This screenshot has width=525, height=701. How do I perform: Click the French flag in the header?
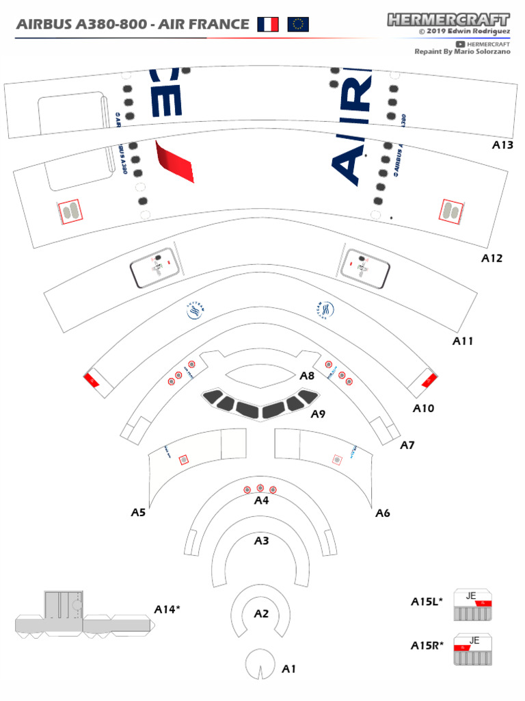[x=268, y=25]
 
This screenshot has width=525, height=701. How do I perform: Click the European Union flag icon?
[x=297, y=25]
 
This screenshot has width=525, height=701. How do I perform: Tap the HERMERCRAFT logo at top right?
[x=448, y=19]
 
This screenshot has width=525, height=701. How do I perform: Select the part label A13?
[x=502, y=145]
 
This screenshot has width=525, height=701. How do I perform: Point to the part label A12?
[x=492, y=259]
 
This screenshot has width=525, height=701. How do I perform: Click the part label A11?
[x=463, y=341]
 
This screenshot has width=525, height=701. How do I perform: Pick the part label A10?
[x=423, y=409]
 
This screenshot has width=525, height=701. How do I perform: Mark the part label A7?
[x=407, y=445]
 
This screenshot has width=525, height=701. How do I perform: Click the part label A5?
[x=139, y=512]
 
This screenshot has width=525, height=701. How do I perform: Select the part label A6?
[x=382, y=513]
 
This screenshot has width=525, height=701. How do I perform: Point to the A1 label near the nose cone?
[x=289, y=669]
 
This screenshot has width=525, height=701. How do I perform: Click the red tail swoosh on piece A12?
[x=174, y=162]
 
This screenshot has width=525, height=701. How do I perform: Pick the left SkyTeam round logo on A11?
[x=196, y=311]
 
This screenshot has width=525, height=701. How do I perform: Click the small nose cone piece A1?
[x=261, y=664]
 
